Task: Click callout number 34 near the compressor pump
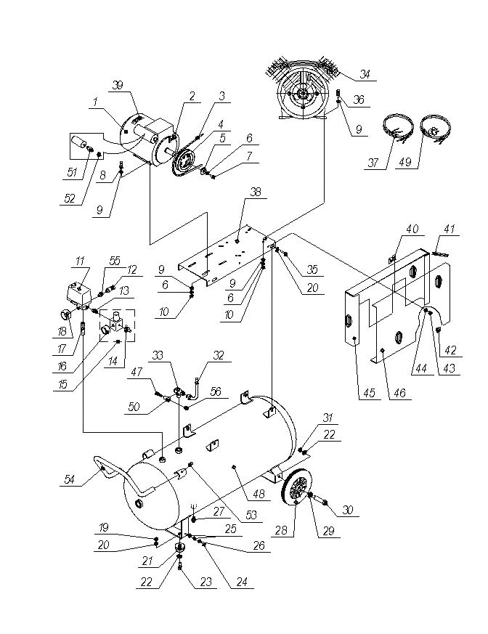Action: pos(365,74)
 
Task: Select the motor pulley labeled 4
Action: pos(186,161)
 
